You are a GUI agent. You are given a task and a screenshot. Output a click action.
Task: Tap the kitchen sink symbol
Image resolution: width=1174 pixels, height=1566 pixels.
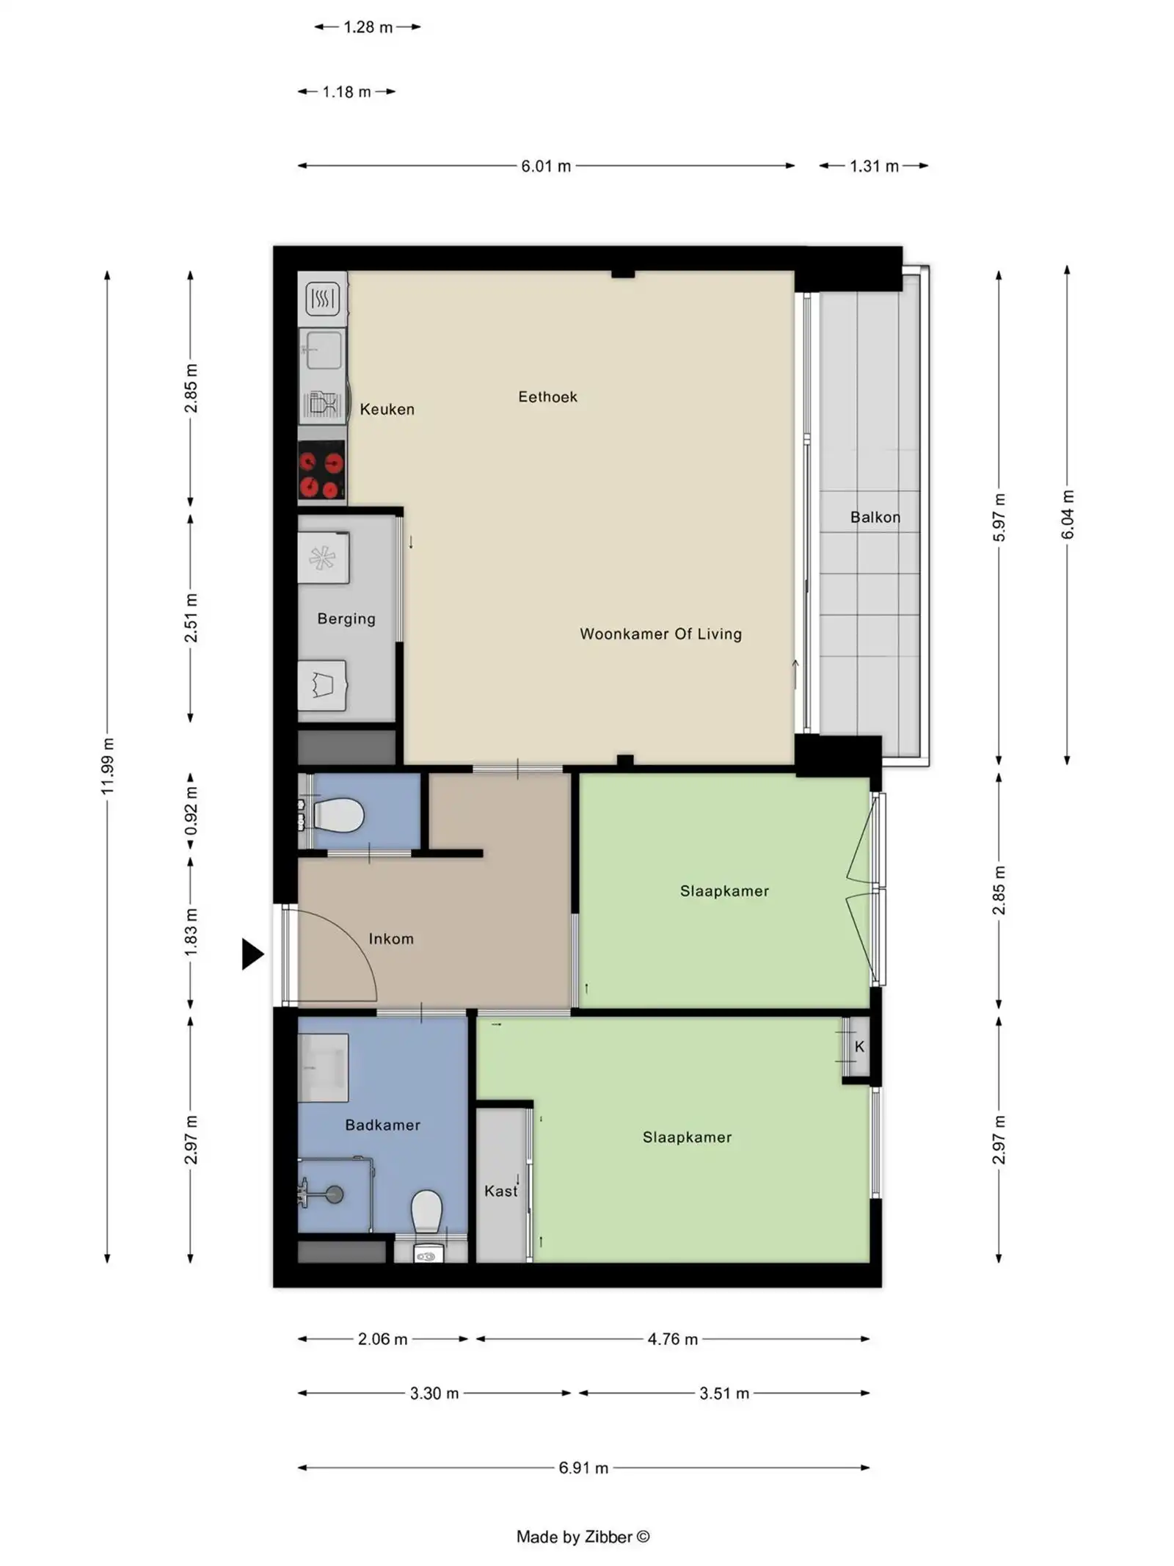322,349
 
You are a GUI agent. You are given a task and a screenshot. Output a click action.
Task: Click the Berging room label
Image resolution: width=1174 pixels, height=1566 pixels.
346,619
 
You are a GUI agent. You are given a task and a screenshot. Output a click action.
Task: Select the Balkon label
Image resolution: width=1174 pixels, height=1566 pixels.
875,517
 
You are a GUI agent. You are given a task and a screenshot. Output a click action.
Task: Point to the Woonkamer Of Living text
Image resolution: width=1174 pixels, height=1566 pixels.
660,634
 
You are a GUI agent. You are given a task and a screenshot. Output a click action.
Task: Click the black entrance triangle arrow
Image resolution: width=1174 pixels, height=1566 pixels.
252,954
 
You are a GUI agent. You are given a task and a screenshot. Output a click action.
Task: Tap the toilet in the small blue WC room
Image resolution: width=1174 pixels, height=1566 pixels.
339,816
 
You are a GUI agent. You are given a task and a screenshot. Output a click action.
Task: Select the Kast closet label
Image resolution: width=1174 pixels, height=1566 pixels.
500,1191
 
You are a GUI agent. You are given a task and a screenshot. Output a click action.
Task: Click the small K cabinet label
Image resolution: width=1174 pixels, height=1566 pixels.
859,1047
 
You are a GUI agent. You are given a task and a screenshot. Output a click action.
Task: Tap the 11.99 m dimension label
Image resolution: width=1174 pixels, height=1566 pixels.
108,766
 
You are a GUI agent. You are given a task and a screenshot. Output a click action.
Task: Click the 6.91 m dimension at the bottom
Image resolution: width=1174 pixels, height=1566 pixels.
583,1468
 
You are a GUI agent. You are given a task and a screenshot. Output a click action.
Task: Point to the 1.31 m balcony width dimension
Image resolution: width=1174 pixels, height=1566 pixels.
874,166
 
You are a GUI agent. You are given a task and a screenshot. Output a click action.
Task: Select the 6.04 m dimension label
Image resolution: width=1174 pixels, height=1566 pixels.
1068,514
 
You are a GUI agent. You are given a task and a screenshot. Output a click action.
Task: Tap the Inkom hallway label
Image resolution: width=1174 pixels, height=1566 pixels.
391,939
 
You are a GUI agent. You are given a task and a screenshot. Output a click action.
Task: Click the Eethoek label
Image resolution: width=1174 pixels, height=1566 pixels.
547,397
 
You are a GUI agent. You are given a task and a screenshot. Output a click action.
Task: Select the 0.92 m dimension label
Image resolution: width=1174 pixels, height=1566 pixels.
191,811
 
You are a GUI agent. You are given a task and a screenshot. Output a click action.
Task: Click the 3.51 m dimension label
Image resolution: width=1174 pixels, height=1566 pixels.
723,1393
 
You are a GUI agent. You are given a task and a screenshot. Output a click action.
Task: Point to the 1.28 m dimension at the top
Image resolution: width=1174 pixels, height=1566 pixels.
368,27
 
